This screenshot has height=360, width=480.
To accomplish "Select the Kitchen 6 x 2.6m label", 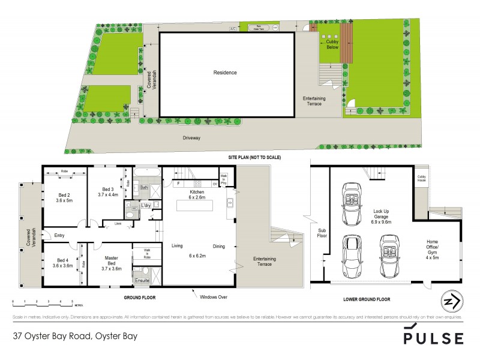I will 197,194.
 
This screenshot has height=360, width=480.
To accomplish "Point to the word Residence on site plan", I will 225,73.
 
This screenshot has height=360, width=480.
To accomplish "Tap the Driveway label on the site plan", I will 192,137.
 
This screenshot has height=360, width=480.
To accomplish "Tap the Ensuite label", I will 142,280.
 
